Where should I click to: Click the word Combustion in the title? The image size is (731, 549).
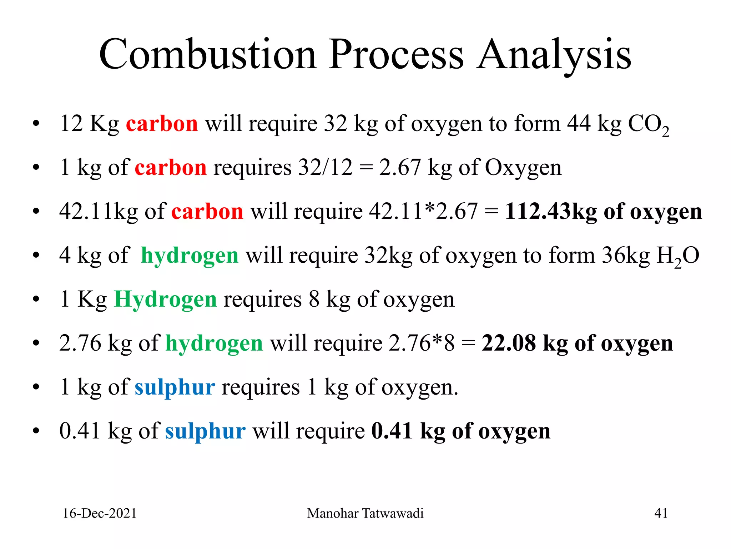[x=208, y=54]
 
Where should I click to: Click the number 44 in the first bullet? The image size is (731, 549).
[x=579, y=123]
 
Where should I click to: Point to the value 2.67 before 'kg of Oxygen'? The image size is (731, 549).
[x=400, y=167]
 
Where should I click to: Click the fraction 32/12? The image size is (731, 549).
[x=325, y=167]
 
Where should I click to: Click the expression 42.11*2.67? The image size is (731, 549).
[x=423, y=211]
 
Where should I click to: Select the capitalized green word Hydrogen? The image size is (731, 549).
[x=165, y=299]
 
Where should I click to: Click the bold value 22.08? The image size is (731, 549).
[x=509, y=343]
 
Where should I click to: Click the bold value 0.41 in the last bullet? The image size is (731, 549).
[x=392, y=431]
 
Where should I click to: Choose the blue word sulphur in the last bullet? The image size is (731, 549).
[x=205, y=431]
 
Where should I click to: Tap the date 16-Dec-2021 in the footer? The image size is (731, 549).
[x=100, y=513]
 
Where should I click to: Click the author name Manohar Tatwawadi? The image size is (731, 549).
[x=365, y=513]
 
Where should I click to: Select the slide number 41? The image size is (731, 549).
[x=661, y=513]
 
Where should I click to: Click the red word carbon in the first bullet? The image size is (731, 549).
[x=162, y=124]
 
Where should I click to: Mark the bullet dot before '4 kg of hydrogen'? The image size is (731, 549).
[x=36, y=256]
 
